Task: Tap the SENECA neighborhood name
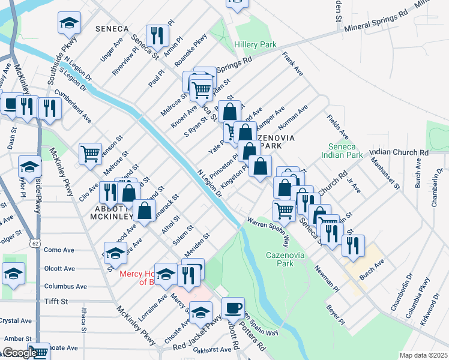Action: (x=112, y=29)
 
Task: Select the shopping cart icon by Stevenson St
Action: (x=90, y=154)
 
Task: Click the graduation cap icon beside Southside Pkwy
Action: (x=69, y=23)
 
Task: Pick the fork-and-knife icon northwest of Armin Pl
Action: (x=158, y=35)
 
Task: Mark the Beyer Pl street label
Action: (x=335, y=314)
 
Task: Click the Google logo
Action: (x=20, y=353)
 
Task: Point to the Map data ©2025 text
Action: (x=423, y=355)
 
